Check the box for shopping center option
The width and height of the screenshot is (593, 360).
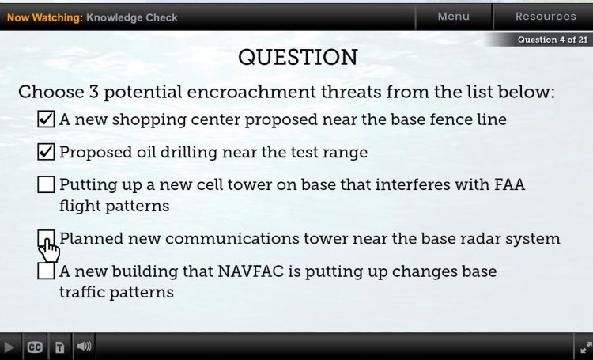pyautogui.click(x=46, y=119)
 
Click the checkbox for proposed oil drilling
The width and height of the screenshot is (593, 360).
pyautogui.click(x=46, y=152)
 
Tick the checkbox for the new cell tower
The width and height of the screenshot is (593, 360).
pyautogui.click(x=46, y=184)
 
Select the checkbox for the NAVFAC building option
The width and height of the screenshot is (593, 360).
pyautogui.click(x=46, y=271)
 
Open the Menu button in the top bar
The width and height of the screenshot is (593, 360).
pyautogui.click(x=454, y=17)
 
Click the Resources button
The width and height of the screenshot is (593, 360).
pyautogui.click(x=546, y=17)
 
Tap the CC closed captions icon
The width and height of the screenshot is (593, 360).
pyautogui.click(x=35, y=347)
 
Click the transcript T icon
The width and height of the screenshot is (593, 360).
pyautogui.click(x=60, y=347)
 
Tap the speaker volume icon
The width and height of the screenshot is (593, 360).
pyautogui.click(x=84, y=346)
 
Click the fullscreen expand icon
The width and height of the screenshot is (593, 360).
pyautogui.click(x=586, y=347)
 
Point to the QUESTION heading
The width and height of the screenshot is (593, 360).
pyautogui.click(x=297, y=58)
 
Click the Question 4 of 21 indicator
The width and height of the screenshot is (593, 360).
pyautogui.click(x=553, y=40)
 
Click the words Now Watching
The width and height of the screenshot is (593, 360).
pyautogui.click(x=44, y=17)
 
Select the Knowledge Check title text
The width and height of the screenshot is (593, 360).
pyautogui.click(x=131, y=17)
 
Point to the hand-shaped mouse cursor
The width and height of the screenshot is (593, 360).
pyautogui.click(x=49, y=249)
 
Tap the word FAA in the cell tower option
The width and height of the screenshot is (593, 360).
pyautogui.click(x=509, y=184)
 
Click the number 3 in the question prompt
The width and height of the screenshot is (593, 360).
pyautogui.click(x=94, y=92)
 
